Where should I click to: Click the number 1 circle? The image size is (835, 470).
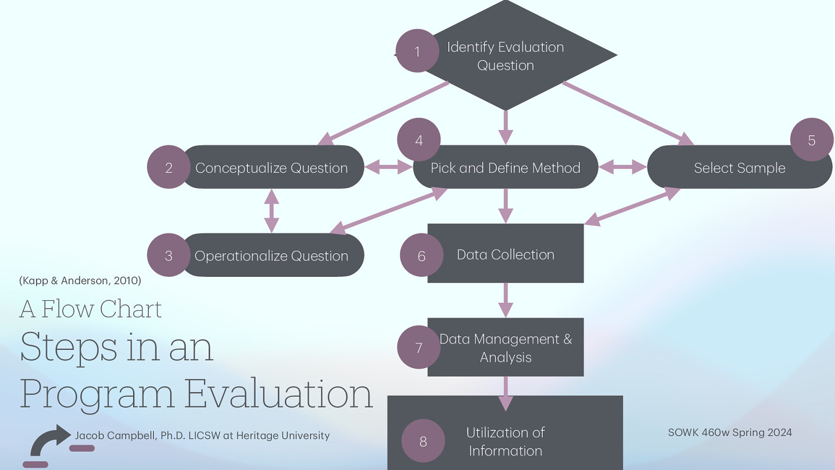click(417, 51)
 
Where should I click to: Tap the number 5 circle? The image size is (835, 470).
click(812, 139)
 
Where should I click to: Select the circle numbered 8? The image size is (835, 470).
click(423, 441)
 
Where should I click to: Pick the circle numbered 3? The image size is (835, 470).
click(169, 255)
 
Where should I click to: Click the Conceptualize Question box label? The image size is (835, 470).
click(271, 168)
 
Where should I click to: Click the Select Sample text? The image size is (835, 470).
click(739, 168)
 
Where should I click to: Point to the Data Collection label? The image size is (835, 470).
click(505, 254)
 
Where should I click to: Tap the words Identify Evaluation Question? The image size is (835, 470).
click(505, 56)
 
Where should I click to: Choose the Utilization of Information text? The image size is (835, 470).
click(505, 441)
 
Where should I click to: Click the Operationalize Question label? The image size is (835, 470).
click(271, 256)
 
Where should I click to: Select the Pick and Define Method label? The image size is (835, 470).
click(505, 168)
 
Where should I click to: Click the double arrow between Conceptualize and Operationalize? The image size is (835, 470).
click(271, 210)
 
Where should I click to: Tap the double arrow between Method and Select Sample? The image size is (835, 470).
click(622, 167)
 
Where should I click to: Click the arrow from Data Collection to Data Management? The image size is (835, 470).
click(505, 300)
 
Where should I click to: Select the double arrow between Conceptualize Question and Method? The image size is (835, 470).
click(388, 167)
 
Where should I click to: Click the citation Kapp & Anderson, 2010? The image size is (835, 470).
click(80, 280)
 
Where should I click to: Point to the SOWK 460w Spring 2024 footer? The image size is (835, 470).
click(730, 432)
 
